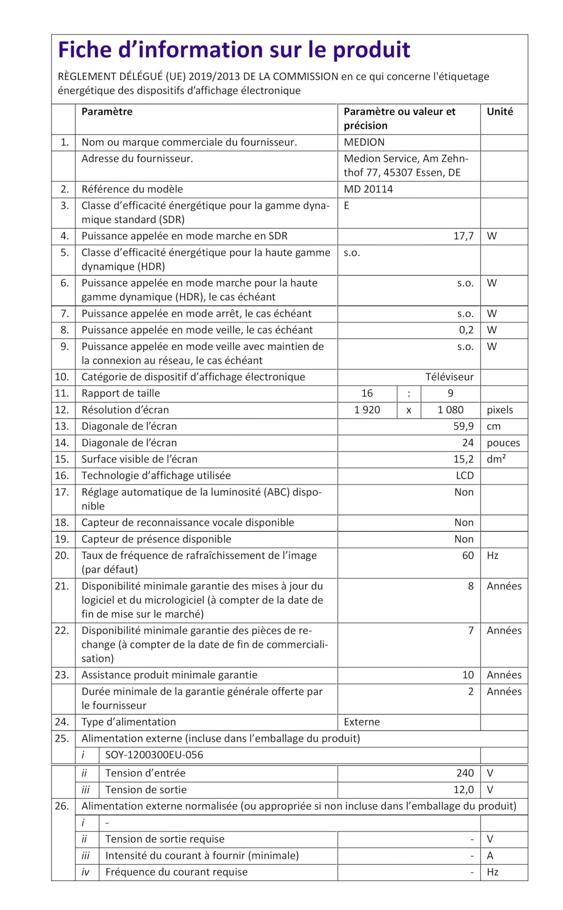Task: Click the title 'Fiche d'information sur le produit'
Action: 234,50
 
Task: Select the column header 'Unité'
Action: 499,112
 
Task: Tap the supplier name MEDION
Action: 364,143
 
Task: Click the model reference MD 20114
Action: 368,189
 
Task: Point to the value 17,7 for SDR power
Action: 463,236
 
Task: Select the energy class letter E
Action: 347,206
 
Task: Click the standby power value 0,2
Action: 466,330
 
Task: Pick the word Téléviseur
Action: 449,377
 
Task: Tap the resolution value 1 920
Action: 367,410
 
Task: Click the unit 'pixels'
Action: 499,410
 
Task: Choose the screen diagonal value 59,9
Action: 463,427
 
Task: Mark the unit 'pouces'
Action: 503,443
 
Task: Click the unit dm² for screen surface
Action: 496,460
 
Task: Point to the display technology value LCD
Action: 464,476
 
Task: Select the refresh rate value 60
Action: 467,556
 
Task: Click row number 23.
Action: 62,675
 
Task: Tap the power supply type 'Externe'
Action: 361,722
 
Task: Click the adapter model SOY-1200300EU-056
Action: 154,755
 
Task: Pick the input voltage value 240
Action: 464,773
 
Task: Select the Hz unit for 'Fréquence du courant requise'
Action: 492,872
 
